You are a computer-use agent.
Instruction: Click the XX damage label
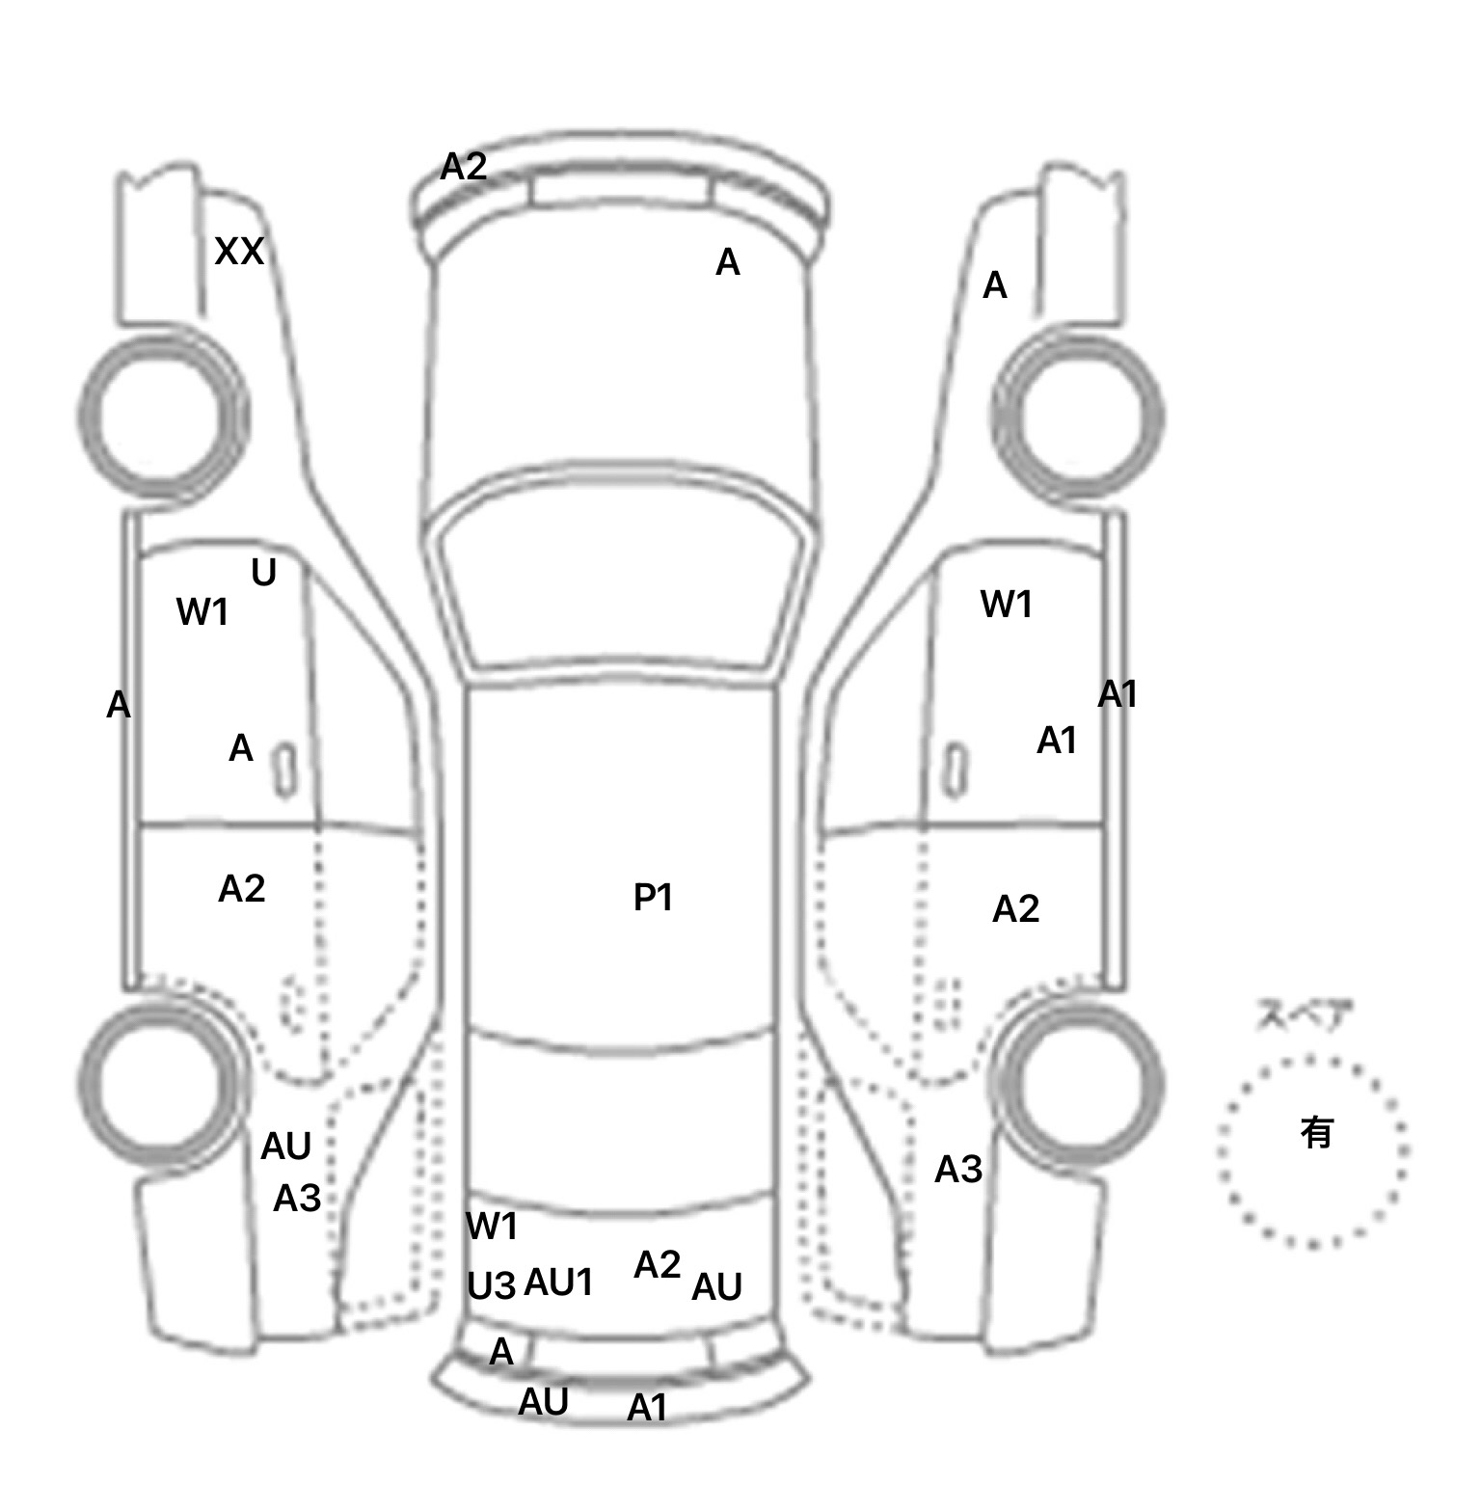[x=238, y=252]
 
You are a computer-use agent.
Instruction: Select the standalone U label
[x=263, y=573]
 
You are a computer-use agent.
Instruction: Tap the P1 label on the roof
[x=653, y=898]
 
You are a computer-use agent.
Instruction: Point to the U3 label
[x=492, y=1285]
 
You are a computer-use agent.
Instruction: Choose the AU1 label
[x=558, y=1282]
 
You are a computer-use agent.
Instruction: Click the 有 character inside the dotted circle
[x=1316, y=1131]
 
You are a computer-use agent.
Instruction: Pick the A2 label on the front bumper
[x=464, y=167]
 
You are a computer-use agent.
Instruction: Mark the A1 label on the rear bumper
[x=647, y=1409]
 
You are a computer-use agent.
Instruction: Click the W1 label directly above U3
[x=492, y=1227]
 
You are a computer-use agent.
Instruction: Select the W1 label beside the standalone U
[x=202, y=611]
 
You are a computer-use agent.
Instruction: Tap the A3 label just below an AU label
[x=297, y=1199]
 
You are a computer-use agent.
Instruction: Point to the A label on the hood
[x=728, y=262]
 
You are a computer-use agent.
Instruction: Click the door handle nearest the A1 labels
[x=955, y=771]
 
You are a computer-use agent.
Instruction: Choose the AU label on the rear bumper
[x=544, y=1402]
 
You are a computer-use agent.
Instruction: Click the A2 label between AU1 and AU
[x=658, y=1264]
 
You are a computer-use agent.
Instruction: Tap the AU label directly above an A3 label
[x=286, y=1147]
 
